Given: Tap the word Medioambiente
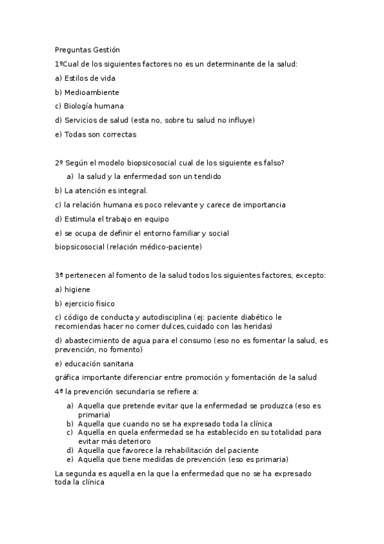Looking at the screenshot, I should tap(92, 92).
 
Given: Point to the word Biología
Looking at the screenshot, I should tap(79, 106).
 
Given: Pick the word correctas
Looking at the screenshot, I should tap(119, 135).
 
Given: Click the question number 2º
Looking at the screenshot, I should tap(59, 163).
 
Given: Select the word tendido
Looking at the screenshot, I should tap(208, 176).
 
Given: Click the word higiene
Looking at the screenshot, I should tap(78, 289).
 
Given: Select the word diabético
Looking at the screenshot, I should tap(263, 317).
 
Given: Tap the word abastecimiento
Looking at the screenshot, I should tap(94, 340).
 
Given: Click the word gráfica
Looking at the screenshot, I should tap(68, 377).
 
